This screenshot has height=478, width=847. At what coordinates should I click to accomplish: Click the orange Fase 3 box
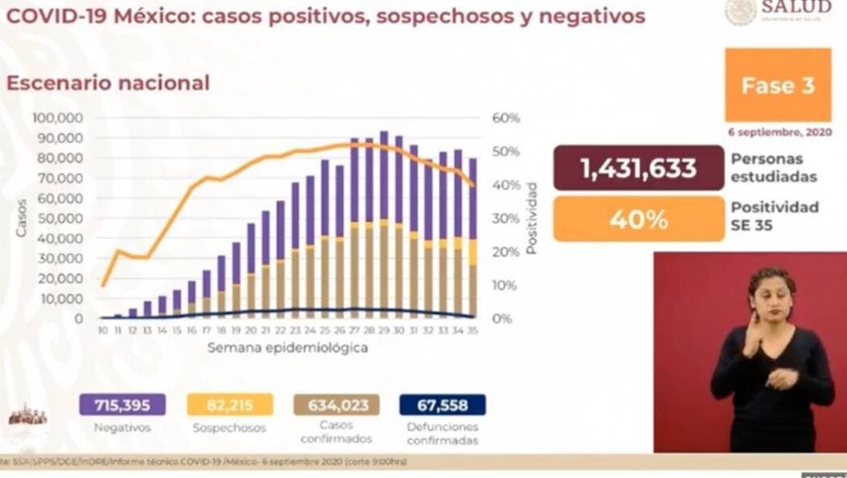pos(777,86)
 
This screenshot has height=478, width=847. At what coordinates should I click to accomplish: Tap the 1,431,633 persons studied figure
pos(638,168)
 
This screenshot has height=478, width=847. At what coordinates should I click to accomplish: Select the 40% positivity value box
pos(638,218)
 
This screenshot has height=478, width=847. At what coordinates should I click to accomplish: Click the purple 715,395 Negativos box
pos(122,404)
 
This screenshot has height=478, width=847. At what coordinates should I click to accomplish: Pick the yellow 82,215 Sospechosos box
pos(229,404)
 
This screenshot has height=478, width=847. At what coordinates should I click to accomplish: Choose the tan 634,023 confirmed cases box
pos(336,404)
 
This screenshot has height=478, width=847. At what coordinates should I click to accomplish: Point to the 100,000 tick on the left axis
pos(58,118)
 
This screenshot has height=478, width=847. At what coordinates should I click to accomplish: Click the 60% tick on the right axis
pos(506,118)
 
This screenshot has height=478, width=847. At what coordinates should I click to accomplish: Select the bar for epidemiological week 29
pos(384,224)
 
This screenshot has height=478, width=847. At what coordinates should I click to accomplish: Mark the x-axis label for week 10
pos(103,329)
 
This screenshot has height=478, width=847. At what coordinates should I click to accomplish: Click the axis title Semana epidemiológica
pos(288,348)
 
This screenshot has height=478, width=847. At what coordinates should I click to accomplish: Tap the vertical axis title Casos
pos(22,217)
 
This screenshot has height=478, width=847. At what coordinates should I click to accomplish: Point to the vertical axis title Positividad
pos(530,217)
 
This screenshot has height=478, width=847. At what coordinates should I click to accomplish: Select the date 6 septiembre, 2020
pos(779,132)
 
